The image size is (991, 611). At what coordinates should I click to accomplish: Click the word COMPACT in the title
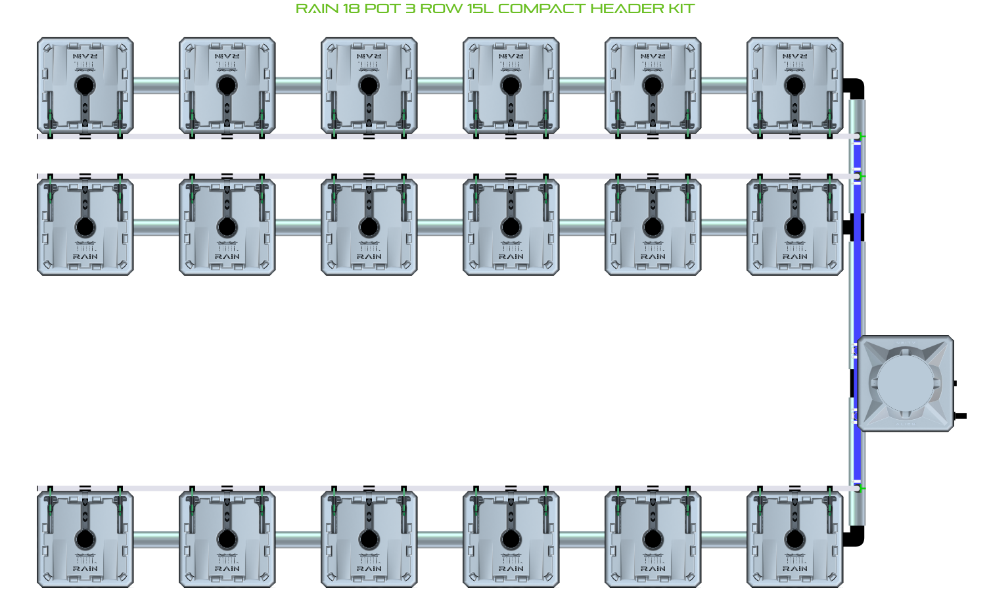click(541, 9)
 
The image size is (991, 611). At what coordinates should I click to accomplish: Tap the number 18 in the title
click(351, 9)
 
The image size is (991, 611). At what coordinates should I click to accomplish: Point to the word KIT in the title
click(681, 9)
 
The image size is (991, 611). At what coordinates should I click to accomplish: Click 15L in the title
click(480, 9)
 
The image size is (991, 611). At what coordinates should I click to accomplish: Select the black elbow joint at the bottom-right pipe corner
click(854, 537)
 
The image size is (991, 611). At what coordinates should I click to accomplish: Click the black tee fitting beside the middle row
click(852, 227)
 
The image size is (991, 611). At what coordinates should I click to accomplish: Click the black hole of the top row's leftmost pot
click(85, 85)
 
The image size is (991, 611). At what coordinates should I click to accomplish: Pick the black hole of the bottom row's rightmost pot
click(795, 540)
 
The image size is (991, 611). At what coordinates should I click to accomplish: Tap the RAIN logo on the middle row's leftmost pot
click(85, 256)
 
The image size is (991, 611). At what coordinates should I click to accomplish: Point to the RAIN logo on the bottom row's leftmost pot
click(85, 569)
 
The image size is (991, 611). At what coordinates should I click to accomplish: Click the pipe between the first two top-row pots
click(156, 85)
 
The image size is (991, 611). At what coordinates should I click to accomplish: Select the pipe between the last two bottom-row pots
click(724, 540)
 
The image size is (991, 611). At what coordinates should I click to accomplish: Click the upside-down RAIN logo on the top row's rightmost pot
click(795, 57)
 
